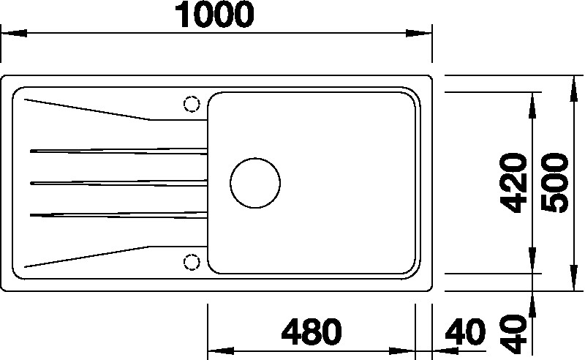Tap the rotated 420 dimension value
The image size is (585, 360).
pos(517,184)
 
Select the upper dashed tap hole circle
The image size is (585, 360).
pos(192,104)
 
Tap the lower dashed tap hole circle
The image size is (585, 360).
pos(192,261)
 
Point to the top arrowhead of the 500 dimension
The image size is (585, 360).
pos(574,84)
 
